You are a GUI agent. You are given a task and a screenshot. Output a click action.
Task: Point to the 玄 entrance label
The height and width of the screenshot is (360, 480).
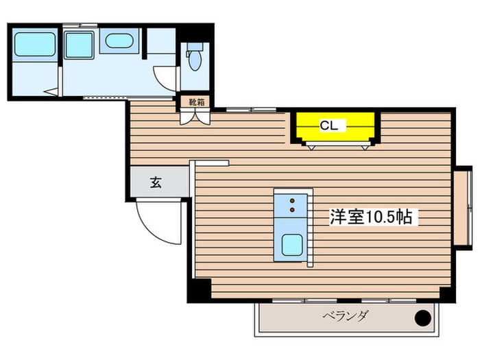coord(156,183)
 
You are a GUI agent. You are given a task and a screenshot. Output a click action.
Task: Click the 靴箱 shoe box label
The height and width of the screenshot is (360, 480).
coord(196,102)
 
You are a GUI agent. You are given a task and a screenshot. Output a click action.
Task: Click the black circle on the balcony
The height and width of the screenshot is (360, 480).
coord(424,318)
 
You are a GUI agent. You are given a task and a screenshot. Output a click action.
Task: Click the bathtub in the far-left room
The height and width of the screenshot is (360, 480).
coord(34,45)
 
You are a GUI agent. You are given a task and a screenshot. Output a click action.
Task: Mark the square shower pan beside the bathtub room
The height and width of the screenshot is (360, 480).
coord(78,45)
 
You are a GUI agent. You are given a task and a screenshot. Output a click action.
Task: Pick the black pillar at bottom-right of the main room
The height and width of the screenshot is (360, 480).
coord(446,293)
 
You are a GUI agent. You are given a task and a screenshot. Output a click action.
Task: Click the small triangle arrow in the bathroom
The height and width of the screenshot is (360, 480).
coord(50,91)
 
